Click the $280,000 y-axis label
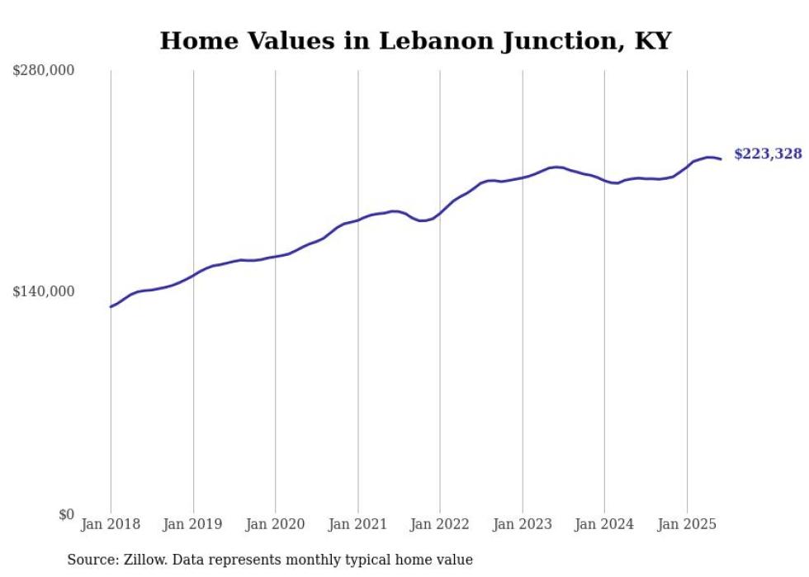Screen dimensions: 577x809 tap(44, 70)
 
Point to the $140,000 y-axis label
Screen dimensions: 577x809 tap(44, 291)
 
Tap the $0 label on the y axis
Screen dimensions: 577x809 tap(66, 514)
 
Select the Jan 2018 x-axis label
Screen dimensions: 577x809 tap(111, 524)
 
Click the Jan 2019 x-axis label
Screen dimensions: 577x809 tap(193, 524)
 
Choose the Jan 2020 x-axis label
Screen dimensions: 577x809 tap(275, 524)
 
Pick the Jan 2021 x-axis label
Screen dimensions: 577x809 tap(357, 524)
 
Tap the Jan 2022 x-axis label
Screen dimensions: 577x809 tap(440, 524)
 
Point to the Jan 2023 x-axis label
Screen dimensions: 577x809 tap(522, 524)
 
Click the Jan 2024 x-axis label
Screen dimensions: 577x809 tap(604, 524)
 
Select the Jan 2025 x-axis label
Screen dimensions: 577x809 tap(687, 524)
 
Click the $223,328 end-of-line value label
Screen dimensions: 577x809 tap(768, 154)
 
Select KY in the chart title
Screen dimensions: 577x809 tap(652, 40)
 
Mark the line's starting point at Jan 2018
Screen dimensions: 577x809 tap(111, 306)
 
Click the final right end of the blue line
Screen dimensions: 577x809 tap(721, 158)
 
